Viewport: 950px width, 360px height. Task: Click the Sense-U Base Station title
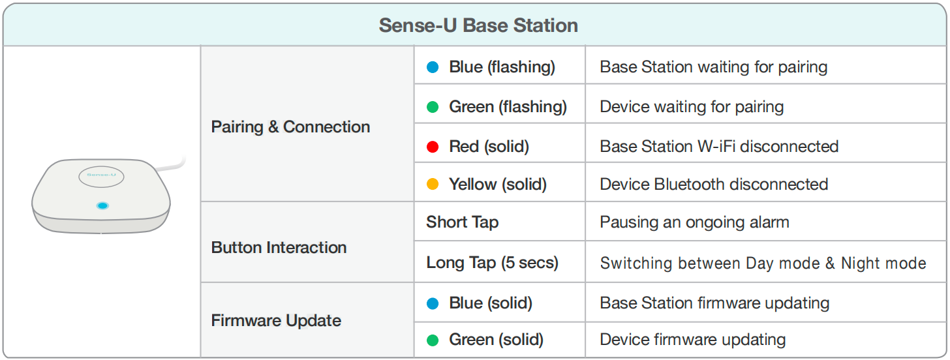(x=478, y=25)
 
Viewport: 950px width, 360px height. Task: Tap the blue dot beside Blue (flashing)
(x=432, y=67)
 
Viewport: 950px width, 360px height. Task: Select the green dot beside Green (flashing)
(x=432, y=107)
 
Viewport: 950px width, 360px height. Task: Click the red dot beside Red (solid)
(x=432, y=147)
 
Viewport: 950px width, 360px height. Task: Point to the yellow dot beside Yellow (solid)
(x=432, y=185)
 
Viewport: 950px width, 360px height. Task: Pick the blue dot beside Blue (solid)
(x=432, y=304)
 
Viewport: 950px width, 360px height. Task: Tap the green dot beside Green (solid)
(x=432, y=340)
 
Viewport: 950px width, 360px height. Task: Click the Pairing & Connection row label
(x=290, y=127)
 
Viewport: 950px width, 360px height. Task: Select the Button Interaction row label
(x=279, y=248)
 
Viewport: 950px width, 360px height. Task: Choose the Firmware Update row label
(x=276, y=321)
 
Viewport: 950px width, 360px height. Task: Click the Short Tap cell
(x=462, y=222)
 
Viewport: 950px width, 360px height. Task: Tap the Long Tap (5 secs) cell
(x=493, y=263)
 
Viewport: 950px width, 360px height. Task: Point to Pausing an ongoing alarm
(x=695, y=222)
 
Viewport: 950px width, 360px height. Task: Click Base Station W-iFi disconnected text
(x=719, y=146)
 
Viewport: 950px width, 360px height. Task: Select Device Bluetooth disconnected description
(x=714, y=185)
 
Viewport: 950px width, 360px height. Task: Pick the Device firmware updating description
(x=693, y=340)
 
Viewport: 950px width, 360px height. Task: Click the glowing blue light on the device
(x=102, y=205)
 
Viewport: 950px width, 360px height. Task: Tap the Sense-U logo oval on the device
(x=101, y=176)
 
